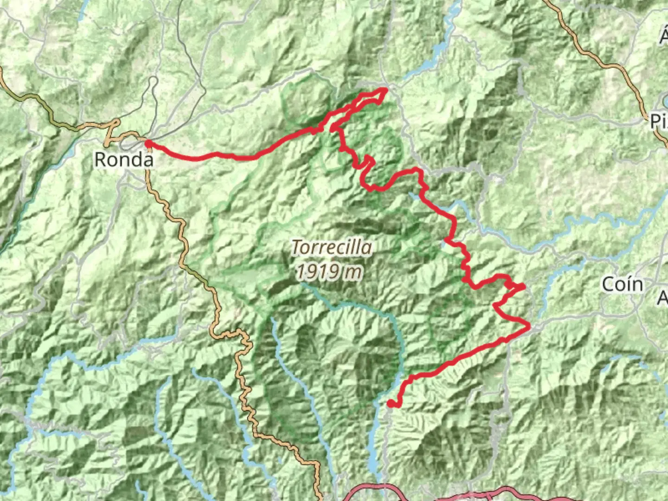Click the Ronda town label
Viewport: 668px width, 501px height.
[124, 160]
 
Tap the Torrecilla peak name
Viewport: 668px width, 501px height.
[332, 248]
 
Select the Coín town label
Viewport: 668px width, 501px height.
[623, 284]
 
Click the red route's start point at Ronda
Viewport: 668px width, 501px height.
[148, 144]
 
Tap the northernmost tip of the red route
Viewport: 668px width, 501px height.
[385, 89]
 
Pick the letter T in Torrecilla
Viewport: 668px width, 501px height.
[296, 248]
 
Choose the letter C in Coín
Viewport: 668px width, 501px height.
[608, 284]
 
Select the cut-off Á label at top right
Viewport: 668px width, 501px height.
[664, 37]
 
